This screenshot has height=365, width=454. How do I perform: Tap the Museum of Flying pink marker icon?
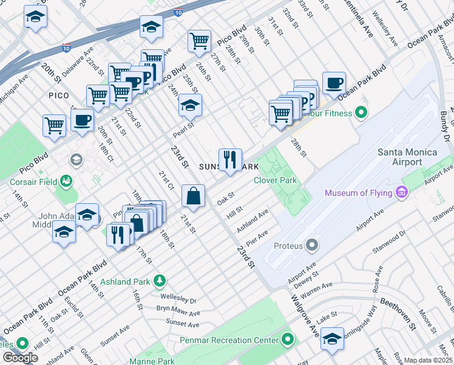click(x=401, y=193)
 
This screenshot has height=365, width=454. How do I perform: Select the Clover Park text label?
click(x=275, y=180)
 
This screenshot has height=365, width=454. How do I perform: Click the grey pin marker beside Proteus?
click(x=313, y=245)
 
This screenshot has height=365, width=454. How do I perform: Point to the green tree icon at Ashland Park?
click(x=159, y=280)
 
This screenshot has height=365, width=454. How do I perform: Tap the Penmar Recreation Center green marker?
click(x=287, y=339)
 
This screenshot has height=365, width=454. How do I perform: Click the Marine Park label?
click(x=152, y=361)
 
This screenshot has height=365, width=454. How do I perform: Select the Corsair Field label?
click(x=34, y=181)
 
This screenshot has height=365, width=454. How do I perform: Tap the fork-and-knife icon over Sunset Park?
click(x=230, y=160)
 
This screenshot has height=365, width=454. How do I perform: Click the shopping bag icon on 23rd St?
click(x=193, y=196)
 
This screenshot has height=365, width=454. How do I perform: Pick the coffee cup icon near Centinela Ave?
click(x=333, y=83)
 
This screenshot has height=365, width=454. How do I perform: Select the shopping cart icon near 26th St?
click(x=199, y=41)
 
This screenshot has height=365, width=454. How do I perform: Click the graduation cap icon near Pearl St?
click(x=190, y=106)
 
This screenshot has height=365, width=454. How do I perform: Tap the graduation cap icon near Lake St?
click(x=332, y=339)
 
